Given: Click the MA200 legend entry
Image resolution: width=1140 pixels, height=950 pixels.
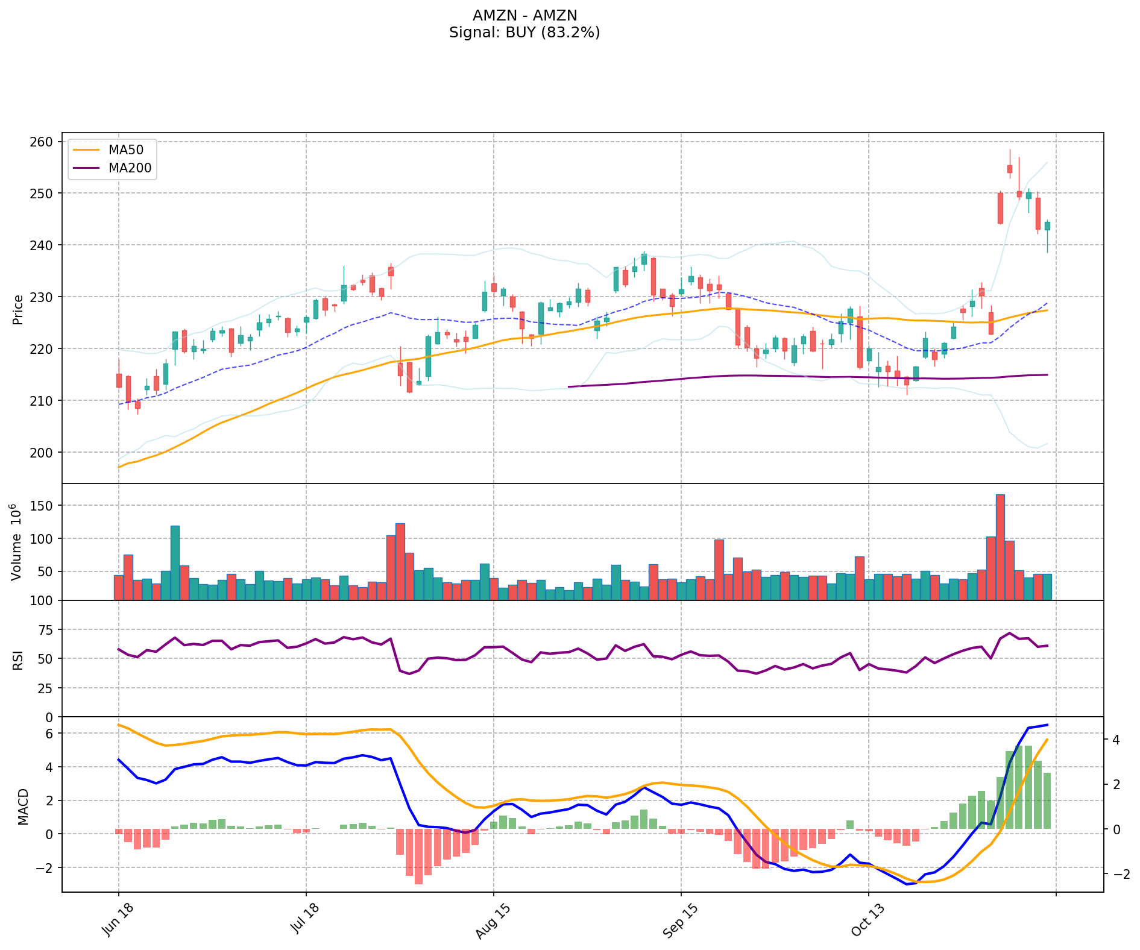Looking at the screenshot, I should (129, 168).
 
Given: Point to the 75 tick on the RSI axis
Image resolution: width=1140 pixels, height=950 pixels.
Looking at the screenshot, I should (47, 630).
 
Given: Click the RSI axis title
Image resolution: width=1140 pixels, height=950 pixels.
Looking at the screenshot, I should (19, 659).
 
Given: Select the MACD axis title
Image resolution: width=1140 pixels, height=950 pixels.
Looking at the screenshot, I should (23, 806).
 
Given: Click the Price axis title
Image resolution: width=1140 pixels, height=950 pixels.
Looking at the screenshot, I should (19, 309).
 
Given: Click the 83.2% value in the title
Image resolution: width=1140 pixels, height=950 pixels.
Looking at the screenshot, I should (570, 33).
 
